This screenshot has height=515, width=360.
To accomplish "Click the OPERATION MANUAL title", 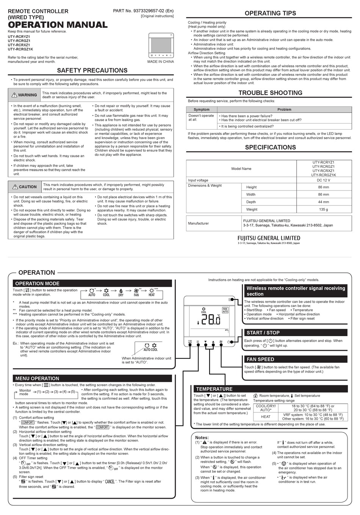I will (x=58, y=25).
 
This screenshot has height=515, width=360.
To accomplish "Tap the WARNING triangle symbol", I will (x=14, y=95).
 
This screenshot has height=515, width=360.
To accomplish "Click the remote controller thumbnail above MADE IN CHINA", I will (x=161, y=45).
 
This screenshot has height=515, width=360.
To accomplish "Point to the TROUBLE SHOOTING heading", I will (x=270, y=93).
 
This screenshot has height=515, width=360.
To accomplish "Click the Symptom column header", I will (x=202, y=110).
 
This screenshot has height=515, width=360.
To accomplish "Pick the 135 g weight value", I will (x=323, y=209).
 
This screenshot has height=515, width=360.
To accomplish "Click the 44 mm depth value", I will (x=323, y=202).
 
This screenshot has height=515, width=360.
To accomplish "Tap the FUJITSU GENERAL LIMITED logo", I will (x=269, y=238).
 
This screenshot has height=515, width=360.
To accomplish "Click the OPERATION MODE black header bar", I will (x=92, y=283).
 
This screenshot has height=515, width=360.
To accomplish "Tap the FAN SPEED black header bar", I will (x=296, y=359).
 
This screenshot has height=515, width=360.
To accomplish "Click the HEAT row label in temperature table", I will (x=266, y=416).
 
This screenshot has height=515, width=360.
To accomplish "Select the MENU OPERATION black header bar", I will (x=92, y=378).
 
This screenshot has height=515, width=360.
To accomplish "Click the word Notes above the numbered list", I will (x=202, y=437).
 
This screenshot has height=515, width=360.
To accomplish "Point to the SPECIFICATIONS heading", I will (x=270, y=147).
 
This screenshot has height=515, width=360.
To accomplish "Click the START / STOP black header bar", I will (x=296, y=333).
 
